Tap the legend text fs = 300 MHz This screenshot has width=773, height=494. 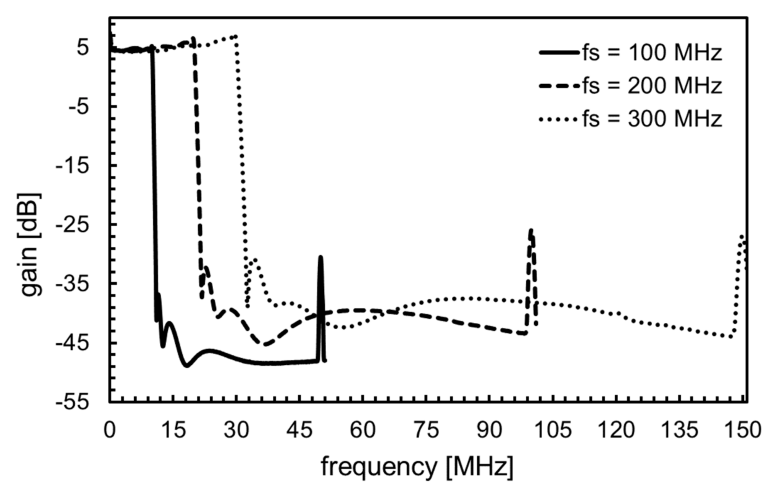[x=652, y=119]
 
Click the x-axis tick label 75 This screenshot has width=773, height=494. [x=426, y=430]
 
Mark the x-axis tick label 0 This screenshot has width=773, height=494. [x=110, y=430]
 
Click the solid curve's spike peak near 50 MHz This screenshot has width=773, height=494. [x=320, y=257]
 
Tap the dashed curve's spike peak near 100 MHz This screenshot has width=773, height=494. [x=531, y=230]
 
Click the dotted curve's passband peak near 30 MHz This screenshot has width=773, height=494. [x=235, y=36]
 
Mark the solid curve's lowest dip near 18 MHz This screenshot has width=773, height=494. [x=187, y=366]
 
